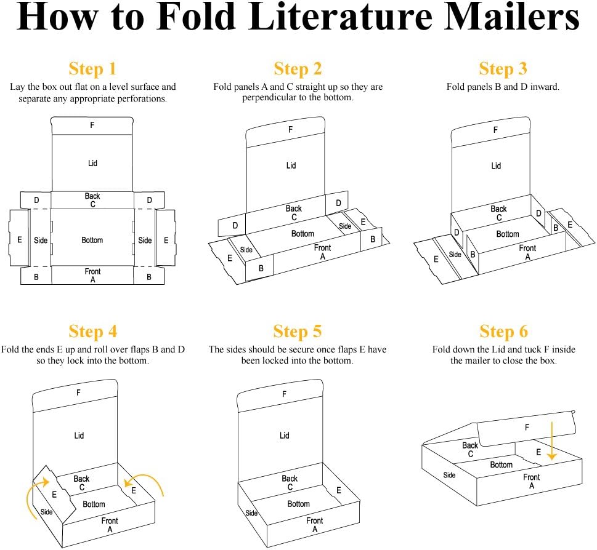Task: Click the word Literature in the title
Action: (346, 18)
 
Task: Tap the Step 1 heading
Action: (92, 68)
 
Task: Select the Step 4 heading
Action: (92, 332)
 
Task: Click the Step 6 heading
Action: (503, 332)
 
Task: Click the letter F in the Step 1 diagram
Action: (92, 125)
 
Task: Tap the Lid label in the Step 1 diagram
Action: (92, 163)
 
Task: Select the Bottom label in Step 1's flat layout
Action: (92, 240)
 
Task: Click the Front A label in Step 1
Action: (92, 275)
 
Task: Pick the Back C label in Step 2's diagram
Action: (294, 213)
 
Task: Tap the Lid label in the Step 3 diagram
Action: (496, 165)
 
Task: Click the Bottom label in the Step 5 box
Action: (299, 504)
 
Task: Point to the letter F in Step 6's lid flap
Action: (527, 427)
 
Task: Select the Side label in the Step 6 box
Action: (449, 475)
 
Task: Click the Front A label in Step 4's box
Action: (110, 525)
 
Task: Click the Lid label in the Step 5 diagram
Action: (284, 435)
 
